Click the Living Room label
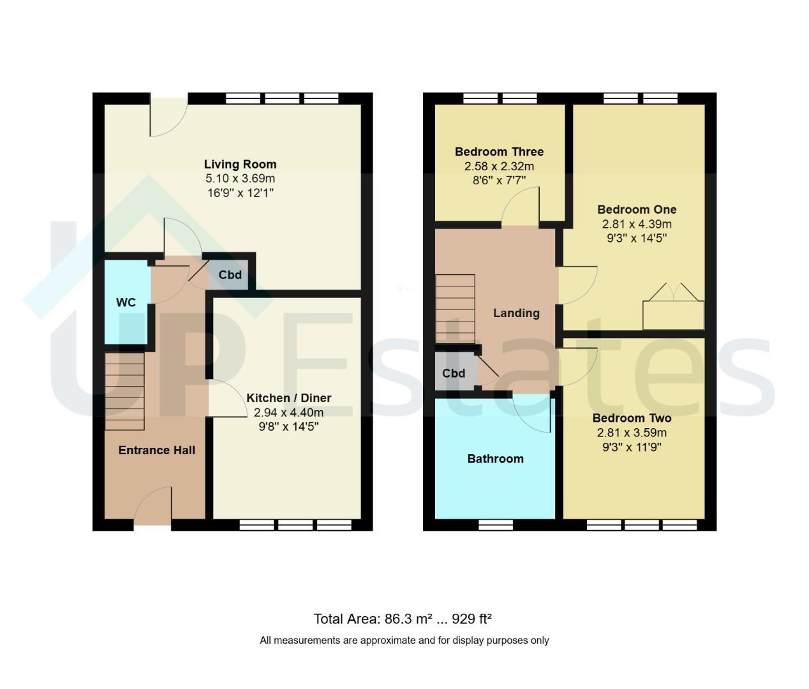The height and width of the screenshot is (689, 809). [x=240, y=165]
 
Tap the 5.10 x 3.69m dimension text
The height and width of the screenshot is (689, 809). [x=240, y=179]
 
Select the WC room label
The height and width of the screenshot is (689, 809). [x=126, y=302]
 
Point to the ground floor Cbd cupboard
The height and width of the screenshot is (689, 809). [x=230, y=275]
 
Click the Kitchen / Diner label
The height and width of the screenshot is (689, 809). [x=289, y=397]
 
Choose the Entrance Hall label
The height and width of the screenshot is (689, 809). [x=156, y=450]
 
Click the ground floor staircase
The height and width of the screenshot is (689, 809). [x=124, y=392]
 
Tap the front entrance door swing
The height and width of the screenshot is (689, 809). [x=152, y=506]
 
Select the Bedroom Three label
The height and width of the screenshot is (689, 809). [x=499, y=152]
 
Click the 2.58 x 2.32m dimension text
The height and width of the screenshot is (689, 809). [x=499, y=167]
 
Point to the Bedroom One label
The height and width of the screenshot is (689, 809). [x=637, y=209]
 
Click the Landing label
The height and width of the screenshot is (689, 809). [x=516, y=313]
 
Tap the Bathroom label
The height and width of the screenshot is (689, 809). [x=496, y=459]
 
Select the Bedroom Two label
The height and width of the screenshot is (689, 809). [x=632, y=418]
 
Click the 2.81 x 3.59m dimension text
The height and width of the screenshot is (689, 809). [x=632, y=433]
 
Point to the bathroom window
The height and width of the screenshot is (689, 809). [x=496, y=525]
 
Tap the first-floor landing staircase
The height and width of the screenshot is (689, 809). [x=455, y=309]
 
